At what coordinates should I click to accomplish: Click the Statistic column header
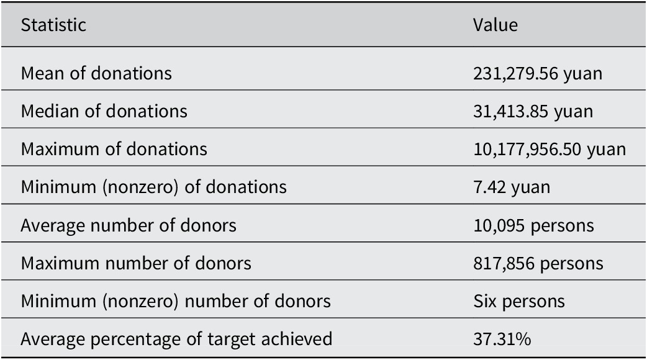53,25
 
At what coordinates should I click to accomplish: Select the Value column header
495,25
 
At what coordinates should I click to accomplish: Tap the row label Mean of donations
96,73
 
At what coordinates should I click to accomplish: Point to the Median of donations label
104,111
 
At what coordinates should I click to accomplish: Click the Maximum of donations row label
114,150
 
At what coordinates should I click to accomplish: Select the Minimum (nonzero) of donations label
153,187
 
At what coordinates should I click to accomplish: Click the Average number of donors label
129,225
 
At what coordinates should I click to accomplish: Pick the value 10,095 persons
533,226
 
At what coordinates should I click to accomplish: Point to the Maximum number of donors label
136,263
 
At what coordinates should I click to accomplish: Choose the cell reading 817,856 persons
538,264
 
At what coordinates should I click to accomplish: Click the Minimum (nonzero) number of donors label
176,301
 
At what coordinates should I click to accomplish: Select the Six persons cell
518,302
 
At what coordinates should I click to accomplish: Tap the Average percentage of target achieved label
176,340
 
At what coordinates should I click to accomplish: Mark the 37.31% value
502,340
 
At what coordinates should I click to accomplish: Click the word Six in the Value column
485,301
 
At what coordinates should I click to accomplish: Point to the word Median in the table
50,111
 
